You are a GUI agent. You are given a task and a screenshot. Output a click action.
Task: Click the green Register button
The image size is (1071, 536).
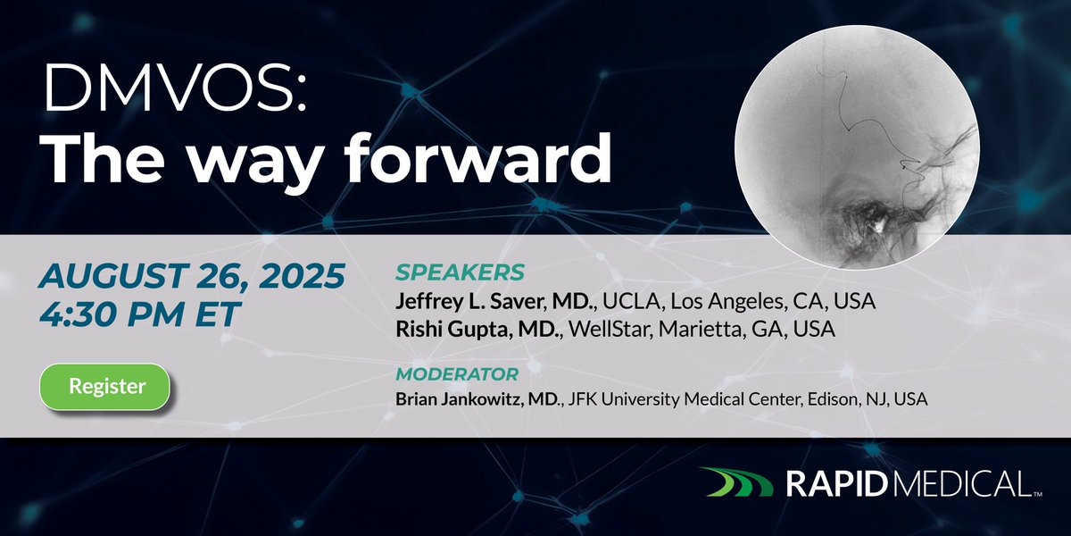tap(107, 387)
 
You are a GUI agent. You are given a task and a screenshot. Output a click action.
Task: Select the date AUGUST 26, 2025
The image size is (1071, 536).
tap(191, 277)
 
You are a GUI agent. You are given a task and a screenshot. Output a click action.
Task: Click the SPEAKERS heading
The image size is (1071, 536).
tap(460, 272)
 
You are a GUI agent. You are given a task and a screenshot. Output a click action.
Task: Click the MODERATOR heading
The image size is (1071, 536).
tap(456, 373)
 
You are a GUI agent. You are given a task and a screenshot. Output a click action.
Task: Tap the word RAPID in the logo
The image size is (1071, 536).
tap(835, 484)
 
